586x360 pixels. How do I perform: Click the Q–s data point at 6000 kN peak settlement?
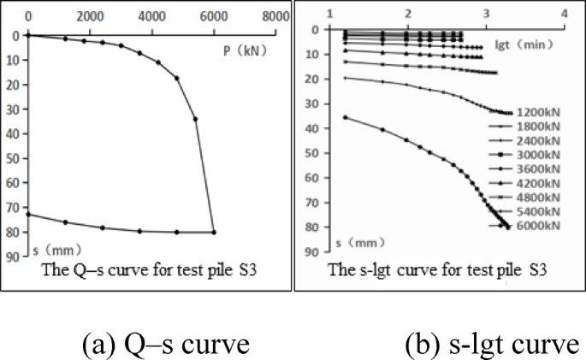tap(214, 232)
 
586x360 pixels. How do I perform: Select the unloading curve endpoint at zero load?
tap(28, 214)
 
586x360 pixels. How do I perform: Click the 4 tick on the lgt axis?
tap(564, 14)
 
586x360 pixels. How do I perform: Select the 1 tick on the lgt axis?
tap(330, 14)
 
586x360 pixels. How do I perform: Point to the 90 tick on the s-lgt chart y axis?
tap(312, 251)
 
